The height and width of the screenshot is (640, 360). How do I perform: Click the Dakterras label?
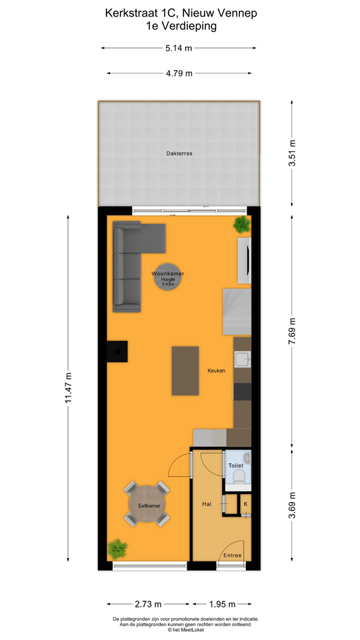coord(179,153)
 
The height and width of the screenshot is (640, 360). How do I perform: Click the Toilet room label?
coord(236,465)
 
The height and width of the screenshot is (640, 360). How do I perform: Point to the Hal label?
coord(207,505)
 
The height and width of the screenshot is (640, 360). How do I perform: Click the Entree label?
coord(233,555)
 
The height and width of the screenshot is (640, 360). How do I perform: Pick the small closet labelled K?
coord(245,505)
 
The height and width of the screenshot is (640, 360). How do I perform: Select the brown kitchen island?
coord(185,371)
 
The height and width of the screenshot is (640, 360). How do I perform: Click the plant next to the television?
coord(241,225)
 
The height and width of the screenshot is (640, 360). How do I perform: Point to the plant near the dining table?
coord(118,549)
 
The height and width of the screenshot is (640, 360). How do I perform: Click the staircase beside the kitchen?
coord(237,311)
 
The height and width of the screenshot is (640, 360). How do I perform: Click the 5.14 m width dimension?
coord(179,48)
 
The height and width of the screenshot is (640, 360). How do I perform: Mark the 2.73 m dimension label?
coord(149,605)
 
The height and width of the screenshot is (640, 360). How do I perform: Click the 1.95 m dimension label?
coord(222,605)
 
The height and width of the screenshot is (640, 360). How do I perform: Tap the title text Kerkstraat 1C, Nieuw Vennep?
coord(180,12)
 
